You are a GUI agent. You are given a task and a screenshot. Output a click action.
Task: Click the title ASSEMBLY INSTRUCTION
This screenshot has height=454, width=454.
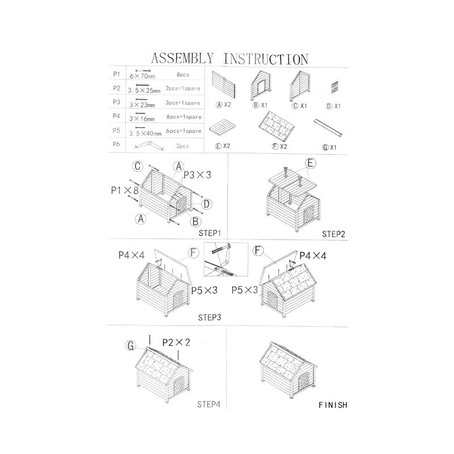pos(230,58)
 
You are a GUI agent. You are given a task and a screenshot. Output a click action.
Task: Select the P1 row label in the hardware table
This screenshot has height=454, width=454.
pos(116,74)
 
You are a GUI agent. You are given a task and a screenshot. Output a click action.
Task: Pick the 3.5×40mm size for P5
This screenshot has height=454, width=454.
pos(145,133)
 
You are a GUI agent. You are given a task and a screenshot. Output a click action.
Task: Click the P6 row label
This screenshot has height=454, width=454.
pos(116,145)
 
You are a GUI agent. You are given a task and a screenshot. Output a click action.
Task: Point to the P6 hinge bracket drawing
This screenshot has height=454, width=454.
pos(149,145)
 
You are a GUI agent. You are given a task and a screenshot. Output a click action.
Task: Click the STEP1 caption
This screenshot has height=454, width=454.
pos(209,233)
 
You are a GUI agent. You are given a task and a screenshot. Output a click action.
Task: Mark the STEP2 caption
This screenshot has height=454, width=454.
pos(334,233)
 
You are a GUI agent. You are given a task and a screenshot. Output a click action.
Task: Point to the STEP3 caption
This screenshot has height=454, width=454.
pos(209,317)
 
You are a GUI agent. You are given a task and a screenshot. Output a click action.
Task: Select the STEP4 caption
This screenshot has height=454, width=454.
pos(209,405)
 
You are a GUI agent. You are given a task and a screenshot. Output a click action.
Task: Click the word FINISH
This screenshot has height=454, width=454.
pos(333,405)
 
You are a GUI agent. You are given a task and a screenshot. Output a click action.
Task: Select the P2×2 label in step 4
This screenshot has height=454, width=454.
pos(176,343)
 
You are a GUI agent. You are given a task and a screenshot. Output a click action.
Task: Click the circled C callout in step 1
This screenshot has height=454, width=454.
pos(137,166)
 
